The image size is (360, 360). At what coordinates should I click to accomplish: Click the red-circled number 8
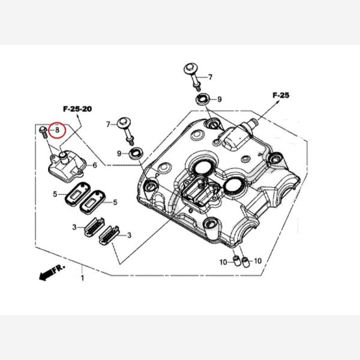[x=58, y=128]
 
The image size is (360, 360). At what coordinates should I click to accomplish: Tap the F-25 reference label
[x=281, y=95]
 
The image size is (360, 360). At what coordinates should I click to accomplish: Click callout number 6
[x=94, y=164]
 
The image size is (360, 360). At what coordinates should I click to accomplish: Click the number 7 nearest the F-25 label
[x=210, y=77]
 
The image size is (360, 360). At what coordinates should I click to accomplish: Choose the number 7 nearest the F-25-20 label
[x=109, y=124]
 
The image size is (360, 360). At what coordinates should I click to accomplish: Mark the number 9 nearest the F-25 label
[x=220, y=99]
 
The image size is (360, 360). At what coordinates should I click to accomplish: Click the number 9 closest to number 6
[x=120, y=154]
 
